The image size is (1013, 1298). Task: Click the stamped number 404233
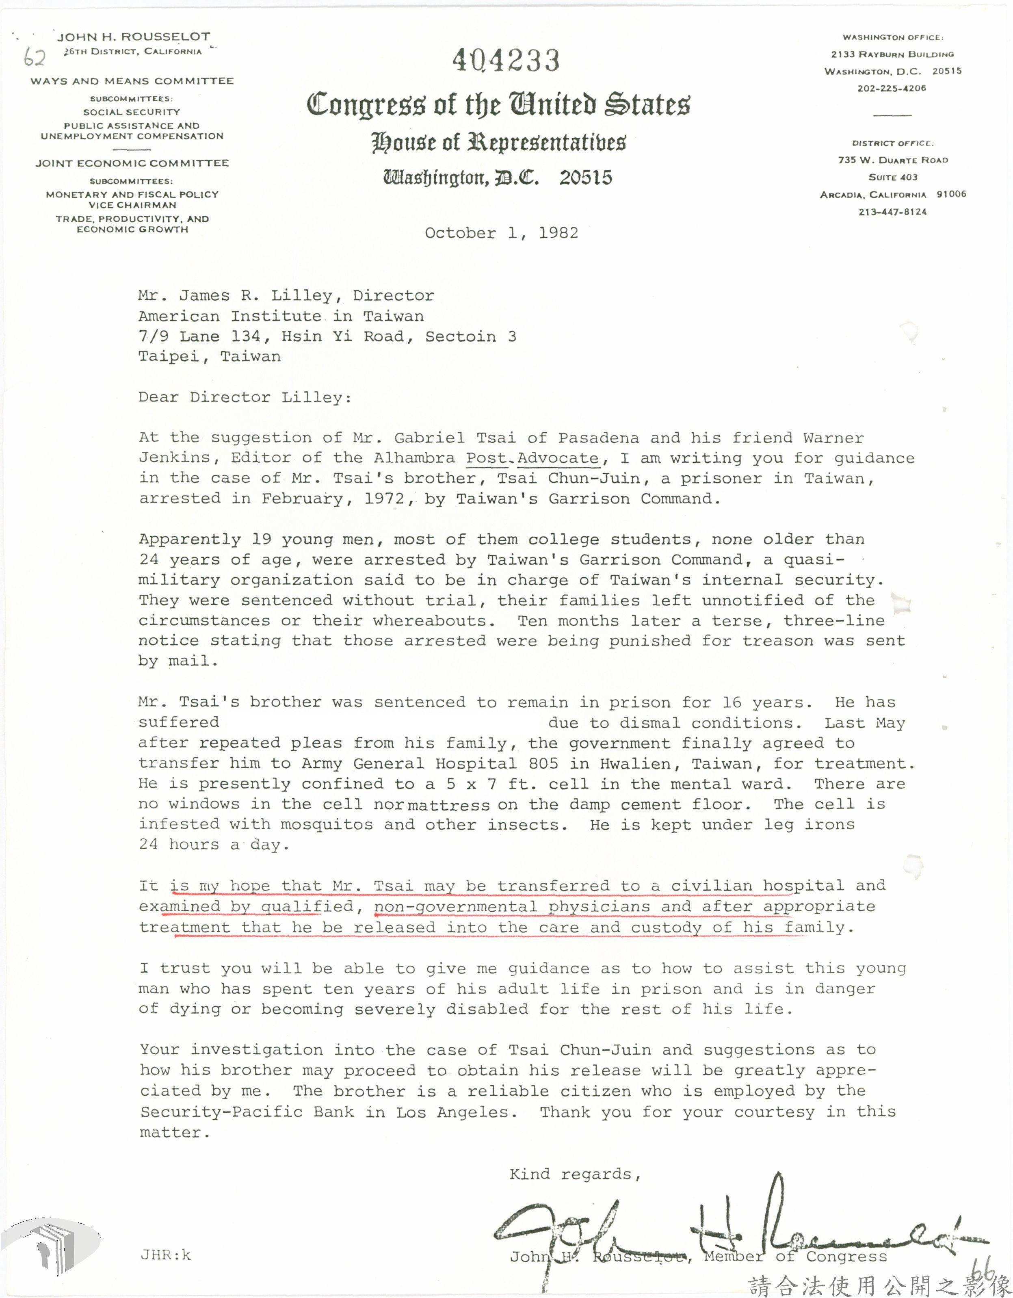(506, 61)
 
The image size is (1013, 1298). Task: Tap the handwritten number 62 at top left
(35, 58)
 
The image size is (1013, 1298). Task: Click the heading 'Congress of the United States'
(498, 104)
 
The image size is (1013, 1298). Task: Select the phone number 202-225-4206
(891, 89)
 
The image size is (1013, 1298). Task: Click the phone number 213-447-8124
(892, 212)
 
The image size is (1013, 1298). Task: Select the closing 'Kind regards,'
(574, 1174)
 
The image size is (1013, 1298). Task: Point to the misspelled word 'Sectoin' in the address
(461, 337)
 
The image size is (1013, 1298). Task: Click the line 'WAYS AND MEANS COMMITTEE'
(132, 81)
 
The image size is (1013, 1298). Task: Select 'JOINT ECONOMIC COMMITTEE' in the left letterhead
(132, 163)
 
